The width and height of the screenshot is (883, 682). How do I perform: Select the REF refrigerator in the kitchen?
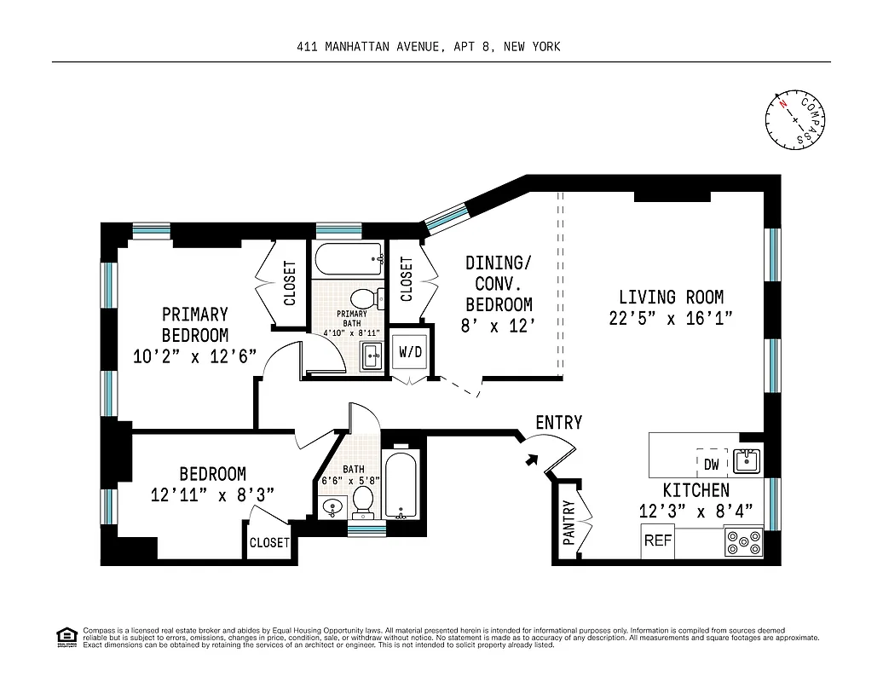[x=657, y=540]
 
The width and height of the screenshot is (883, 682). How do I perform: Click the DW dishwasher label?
[x=712, y=465]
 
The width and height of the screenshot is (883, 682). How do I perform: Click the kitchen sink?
[x=746, y=461]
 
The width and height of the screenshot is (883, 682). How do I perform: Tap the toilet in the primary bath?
[x=366, y=298]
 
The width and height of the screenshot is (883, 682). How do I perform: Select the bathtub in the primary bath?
[x=347, y=257]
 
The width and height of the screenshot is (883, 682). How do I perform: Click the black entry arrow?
[x=532, y=459]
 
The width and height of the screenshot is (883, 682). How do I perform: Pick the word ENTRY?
[x=558, y=423]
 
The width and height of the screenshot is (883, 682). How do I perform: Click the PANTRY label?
[x=568, y=521]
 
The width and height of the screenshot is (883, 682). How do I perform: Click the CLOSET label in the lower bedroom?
[x=269, y=543]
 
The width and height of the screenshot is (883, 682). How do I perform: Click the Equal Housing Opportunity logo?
[x=65, y=636]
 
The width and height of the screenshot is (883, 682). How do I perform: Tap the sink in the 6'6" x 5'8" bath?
[x=331, y=509]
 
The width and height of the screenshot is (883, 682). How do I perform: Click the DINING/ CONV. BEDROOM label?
[x=499, y=283]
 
